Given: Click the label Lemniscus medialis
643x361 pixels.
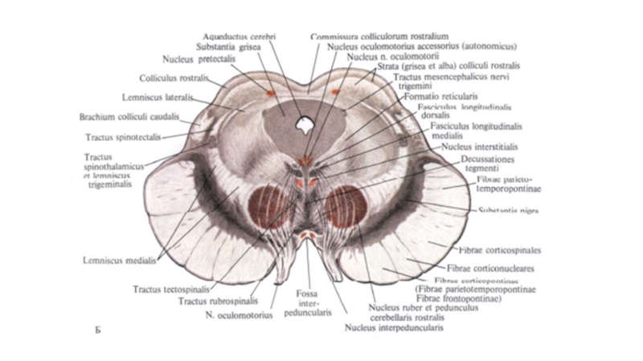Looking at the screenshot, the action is (120, 260).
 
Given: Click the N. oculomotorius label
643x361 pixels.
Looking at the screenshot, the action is (234, 315).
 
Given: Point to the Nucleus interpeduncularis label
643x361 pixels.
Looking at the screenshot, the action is (385, 327).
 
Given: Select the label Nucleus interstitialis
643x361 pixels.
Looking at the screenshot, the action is (479, 148).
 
